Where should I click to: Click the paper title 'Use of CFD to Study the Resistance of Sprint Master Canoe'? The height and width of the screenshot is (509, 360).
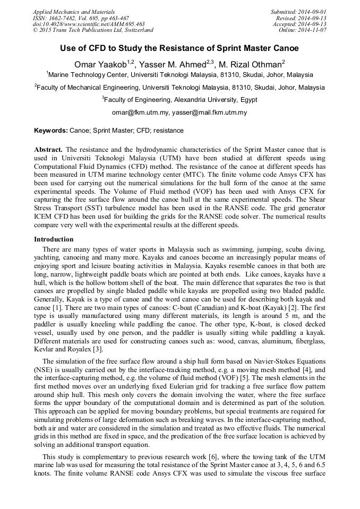pyautogui.click(x=179, y=48)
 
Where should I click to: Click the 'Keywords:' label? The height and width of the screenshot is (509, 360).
pyautogui.click(x=51, y=130)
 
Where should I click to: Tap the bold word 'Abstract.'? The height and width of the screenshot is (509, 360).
pyautogui.click(x=48, y=150)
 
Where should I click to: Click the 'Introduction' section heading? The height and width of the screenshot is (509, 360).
pyautogui.click(x=54, y=239)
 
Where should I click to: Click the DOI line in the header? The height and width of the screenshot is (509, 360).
pyautogui.click(x=89, y=24)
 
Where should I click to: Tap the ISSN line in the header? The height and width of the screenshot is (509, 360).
pyautogui.click(x=81, y=18)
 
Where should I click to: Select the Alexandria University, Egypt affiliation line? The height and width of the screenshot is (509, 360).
pyautogui.click(x=179, y=99)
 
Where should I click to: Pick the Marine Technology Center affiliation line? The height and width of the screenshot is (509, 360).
pyautogui.click(x=179, y=75)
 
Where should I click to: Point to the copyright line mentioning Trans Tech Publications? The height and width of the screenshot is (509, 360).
pyautogui.click(x=93, y=30)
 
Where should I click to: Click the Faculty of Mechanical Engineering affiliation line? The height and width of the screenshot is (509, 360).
pyautogui.click(x=179, y=87)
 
